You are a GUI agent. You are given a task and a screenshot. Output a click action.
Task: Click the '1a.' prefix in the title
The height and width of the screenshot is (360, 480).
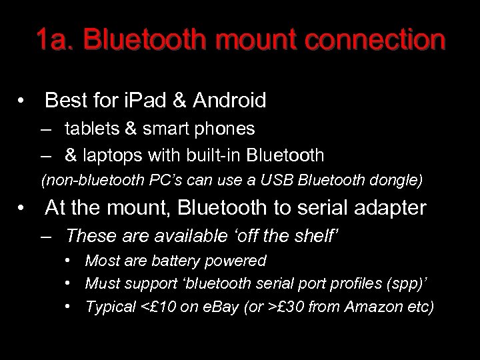55,41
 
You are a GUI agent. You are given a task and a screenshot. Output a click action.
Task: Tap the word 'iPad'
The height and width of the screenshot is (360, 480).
144,101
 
